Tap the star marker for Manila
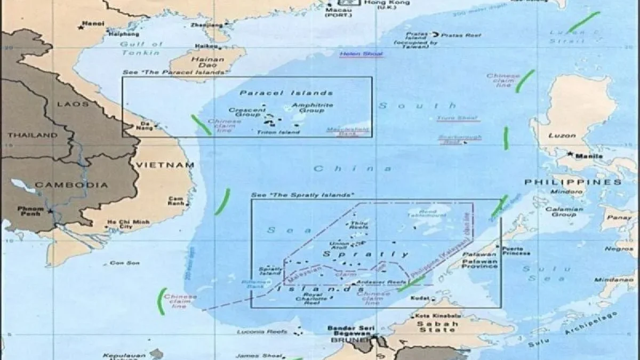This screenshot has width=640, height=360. (x=571, y=155)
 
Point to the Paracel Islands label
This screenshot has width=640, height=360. (x=286, y=93)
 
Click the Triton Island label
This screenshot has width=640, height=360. (x=278, y=132)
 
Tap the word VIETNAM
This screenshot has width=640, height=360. (x=166, y=165)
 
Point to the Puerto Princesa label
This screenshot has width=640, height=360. (x=516, y=251)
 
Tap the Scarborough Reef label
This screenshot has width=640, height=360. (x=453, y=140)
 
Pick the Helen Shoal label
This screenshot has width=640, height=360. (x=361, y=54)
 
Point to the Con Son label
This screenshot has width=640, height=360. (x=117, y=263)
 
